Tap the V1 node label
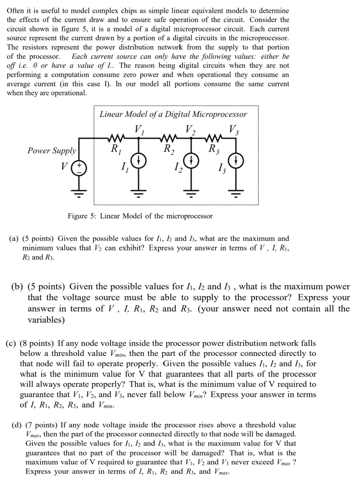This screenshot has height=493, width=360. click(x=140, y=130)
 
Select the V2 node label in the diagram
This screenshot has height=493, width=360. click(x=191, y=130)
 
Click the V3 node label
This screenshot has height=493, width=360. click(x=234, y=130)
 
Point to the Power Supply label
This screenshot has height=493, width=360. click(x=51, y=151)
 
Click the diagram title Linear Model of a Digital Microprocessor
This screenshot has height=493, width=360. click(x=173, y=115)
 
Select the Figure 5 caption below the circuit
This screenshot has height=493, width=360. click(x=140, y=216)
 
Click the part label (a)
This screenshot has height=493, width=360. click(x=14, y=239)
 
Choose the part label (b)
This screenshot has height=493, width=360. click(x=17, y=287)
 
